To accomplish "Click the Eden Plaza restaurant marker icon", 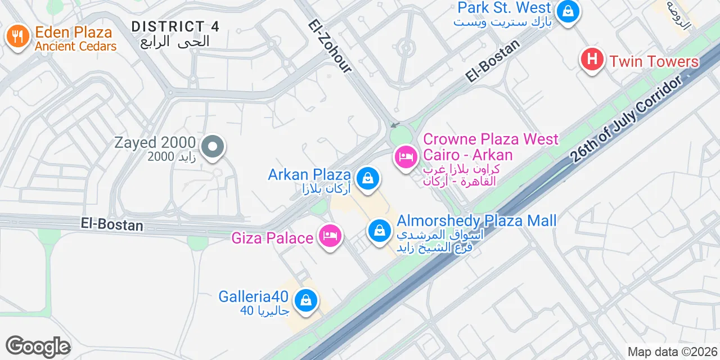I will tap(18, 37).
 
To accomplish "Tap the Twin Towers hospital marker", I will tap(592, 60).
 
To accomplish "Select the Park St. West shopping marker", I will tap(568, 11).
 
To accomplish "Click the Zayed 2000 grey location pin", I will tap(212, 147).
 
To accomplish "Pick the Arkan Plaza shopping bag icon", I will tap(368, 178).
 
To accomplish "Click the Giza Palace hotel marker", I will tap(330, 237).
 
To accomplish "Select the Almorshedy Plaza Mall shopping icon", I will tap(380, 231).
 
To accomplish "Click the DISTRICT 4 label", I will tap(175, 26).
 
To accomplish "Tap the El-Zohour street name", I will tap(330, 46).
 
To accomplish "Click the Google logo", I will tap(38, 347).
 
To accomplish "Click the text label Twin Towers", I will tap(654, 61).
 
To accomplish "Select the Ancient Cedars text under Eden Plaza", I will tap(75, 47).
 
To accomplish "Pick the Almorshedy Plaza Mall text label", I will tap(476, 220).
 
